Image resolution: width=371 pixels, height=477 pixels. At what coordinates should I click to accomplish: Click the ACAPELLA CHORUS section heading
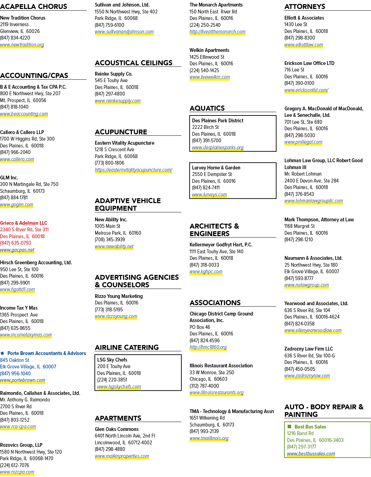tap(34, 7)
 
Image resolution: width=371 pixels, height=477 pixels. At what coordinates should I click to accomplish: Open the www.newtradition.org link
tap(22, 45)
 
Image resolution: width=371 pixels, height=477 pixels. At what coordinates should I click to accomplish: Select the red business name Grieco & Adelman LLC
tap(23, 223)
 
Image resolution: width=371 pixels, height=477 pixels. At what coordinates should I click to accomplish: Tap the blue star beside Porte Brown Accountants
tap(2, 353)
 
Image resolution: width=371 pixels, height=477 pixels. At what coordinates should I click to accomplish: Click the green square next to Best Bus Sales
tap(289, 426)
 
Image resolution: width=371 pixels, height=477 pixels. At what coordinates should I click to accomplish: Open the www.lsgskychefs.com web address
tap(119, 387)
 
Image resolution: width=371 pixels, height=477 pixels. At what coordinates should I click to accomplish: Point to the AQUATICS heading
tap(207, 108)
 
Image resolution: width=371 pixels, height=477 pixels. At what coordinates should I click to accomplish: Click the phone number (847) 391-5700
tap(207, 141)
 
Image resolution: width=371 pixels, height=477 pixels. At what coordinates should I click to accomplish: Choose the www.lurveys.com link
tap(209, 195)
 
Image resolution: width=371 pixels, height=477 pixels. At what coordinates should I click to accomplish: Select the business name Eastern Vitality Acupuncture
tap(124, 143)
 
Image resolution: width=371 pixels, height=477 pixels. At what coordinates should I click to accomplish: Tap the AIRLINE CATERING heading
tap(127, 347)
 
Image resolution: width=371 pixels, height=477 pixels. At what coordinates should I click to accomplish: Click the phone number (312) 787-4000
tap(204, 386)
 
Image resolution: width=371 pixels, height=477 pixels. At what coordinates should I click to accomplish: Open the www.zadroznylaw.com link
tap(307, 376)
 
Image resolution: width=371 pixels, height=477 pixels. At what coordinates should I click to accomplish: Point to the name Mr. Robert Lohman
tap(303, 174)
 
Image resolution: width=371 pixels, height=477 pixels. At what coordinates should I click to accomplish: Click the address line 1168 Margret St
tap(300, 226)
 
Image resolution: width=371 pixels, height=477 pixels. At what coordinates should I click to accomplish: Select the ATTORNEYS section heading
tap(305, 7)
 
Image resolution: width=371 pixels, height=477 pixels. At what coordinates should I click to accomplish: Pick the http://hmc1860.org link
tap(208, 347)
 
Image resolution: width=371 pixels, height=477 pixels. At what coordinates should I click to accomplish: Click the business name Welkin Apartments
tap(209, 50)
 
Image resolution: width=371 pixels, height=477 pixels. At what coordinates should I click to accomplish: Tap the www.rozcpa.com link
tap(17, 472)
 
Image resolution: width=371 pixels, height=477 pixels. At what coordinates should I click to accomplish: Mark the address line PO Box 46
tap(200, 327)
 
